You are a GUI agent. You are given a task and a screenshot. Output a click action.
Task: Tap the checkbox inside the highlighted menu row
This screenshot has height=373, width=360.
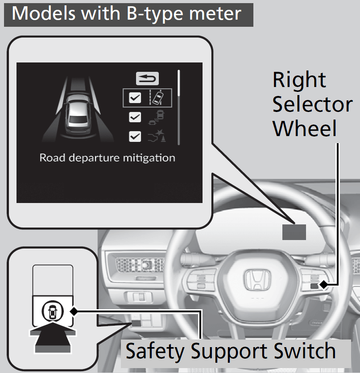coord(135,98)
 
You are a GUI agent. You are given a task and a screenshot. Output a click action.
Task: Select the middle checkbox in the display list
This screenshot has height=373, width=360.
coord(135,117)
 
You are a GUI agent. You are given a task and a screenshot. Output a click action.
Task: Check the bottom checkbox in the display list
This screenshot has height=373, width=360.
coord(135,136)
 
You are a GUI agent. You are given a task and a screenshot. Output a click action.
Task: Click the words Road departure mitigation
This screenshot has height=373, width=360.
coord(107,157)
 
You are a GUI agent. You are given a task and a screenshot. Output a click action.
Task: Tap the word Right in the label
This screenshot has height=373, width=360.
coord(299,80)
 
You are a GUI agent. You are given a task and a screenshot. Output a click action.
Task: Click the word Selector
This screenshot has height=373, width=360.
coord(312,104)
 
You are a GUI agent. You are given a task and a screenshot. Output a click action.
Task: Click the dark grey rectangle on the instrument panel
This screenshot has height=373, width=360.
coord(294,232)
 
